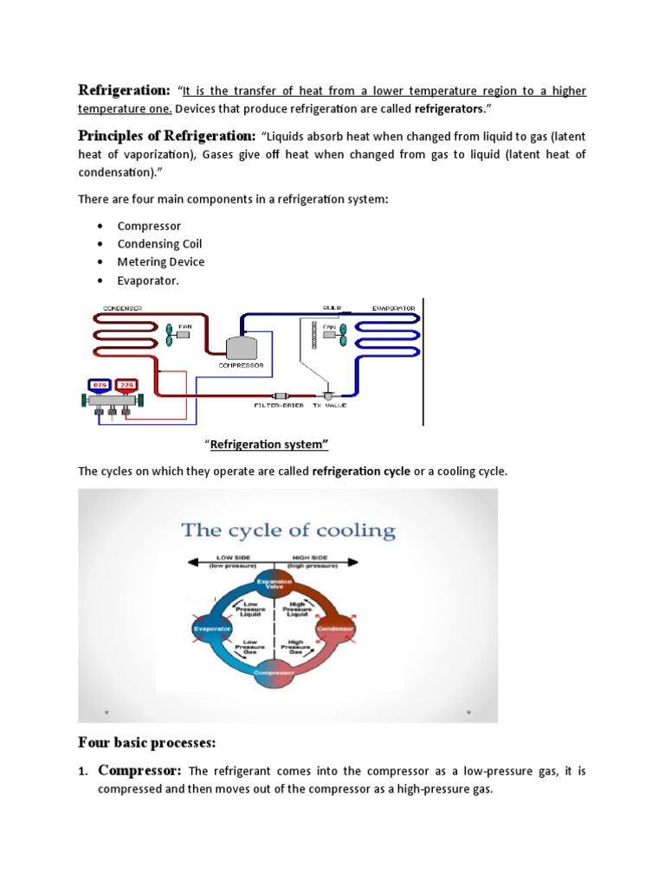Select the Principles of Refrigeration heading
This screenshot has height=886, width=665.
click(166, 135)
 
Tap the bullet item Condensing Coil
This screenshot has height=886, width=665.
click(159, 244)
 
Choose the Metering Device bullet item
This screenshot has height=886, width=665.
click(161, 262)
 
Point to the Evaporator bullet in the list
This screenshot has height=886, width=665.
click(148, 280)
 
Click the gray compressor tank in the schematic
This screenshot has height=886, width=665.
click(242, 347)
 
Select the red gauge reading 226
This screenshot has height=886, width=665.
click(126, 384)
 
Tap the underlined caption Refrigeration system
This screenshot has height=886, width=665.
click(269, 445)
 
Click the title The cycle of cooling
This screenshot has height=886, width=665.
click(288, 530)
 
